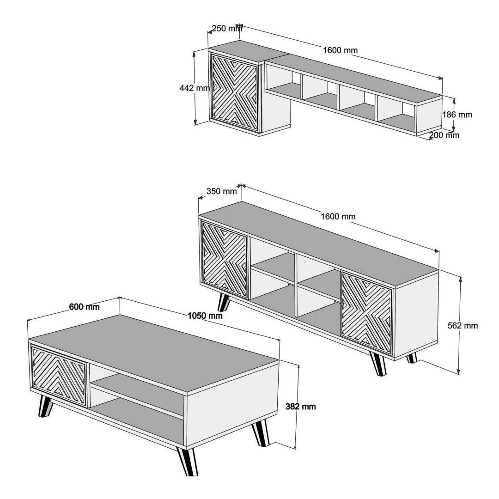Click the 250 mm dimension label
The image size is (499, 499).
pos(226,28)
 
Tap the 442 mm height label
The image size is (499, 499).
pos(195,88)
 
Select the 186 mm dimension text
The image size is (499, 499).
pos(457,115)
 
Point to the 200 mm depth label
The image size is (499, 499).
pos(444,135)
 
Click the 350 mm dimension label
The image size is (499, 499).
pos(221,191)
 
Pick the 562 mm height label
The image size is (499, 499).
pos(462,326)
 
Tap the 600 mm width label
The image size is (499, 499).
pos(85,307)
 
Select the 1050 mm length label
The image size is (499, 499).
pos(205,316)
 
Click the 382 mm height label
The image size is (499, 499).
pos(301,407)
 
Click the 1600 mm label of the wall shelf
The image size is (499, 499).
pos(340,50)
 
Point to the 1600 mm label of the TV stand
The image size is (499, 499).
pos(338,216)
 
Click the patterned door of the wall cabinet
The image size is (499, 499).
pos(235,92)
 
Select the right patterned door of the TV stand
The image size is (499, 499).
pos(366,313)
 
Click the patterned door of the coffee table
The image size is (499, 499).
pos(59,376)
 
